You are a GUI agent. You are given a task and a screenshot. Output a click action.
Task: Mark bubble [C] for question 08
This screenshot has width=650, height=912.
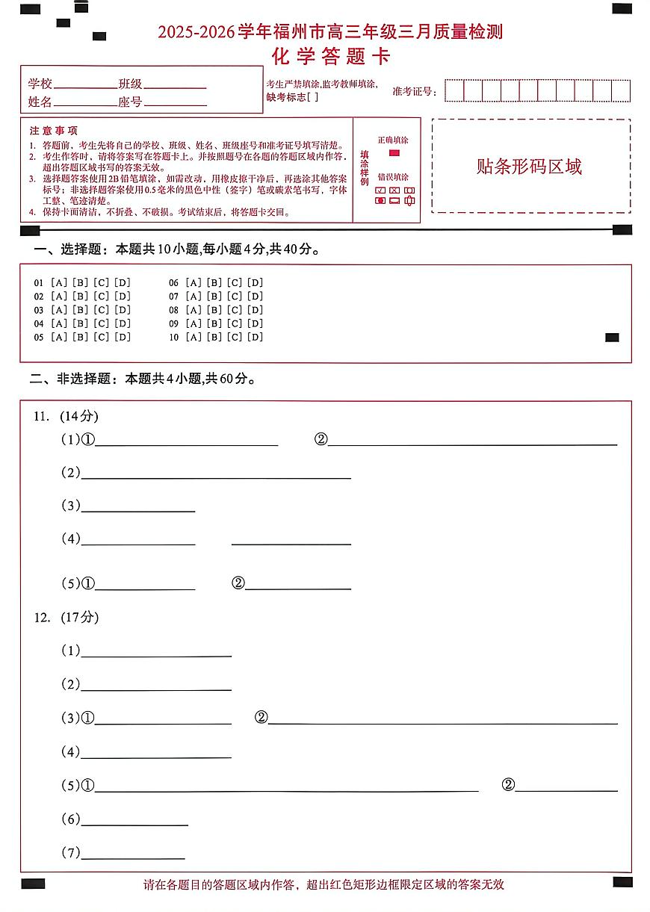point(235,310)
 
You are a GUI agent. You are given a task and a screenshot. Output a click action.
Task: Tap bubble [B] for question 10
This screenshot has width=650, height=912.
point(214,337)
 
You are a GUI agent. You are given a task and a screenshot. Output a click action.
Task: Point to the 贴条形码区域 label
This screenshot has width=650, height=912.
point(529,167)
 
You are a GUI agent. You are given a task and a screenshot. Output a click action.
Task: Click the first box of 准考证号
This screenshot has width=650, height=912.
point(454,91)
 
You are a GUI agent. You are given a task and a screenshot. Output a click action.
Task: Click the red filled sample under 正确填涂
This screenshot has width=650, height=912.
point(394,153)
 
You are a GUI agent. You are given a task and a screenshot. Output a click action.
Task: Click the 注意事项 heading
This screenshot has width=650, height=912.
point(53,131)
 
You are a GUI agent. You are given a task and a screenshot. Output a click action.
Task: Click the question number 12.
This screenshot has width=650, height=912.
point(41,618)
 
